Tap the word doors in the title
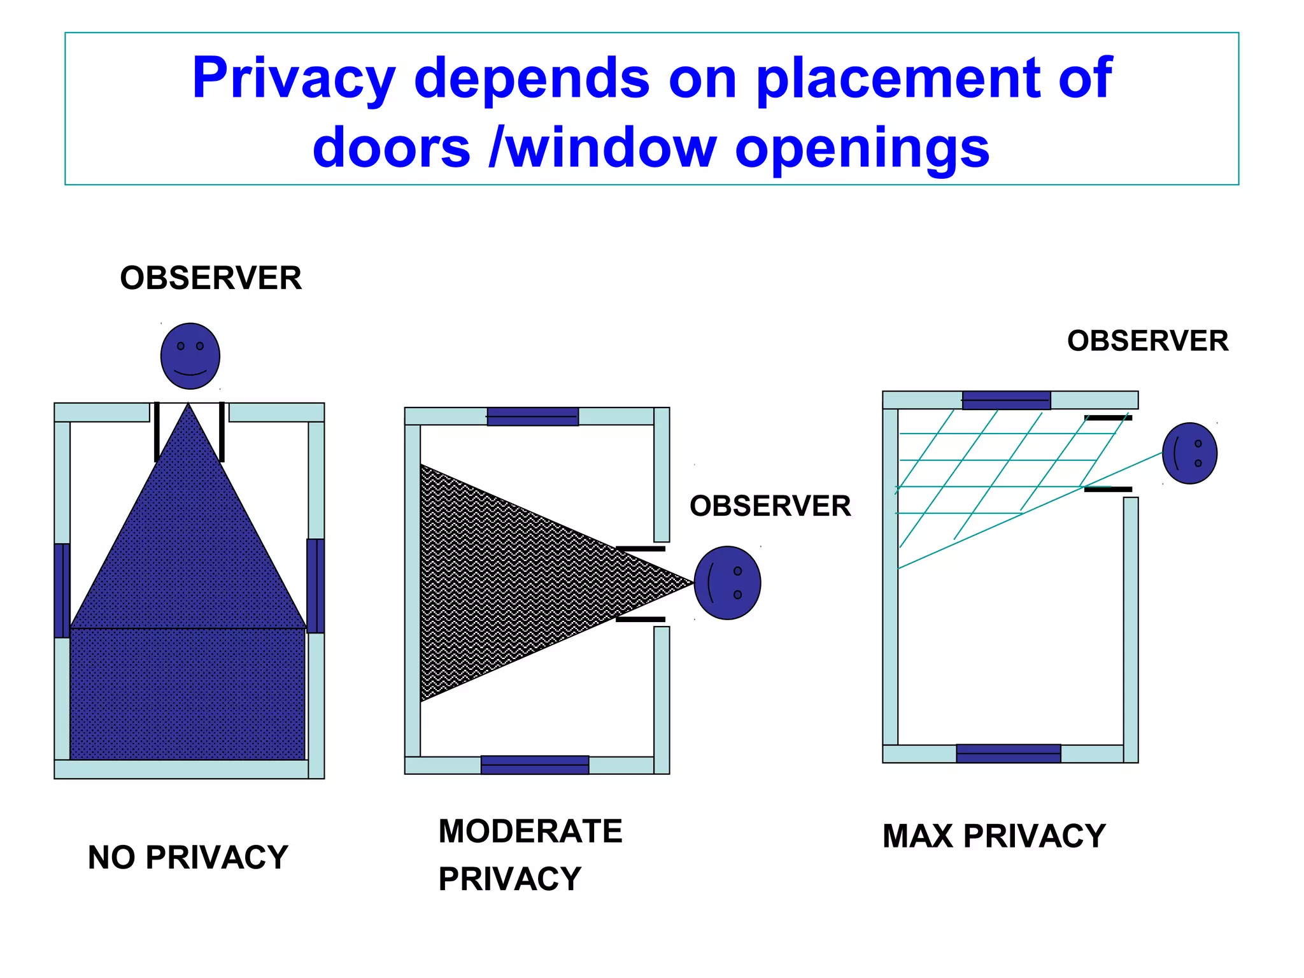click(391, 148)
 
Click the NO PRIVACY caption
click(188, 857)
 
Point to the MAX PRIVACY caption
click(994, 836)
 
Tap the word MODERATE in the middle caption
click(530, 832)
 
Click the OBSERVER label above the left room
click(211, 278)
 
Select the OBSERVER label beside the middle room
click(770, 506)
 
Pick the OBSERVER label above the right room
click(1147, 341)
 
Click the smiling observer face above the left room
click(190, 356)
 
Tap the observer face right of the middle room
click(726, 583)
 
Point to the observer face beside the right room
click(1189, 453)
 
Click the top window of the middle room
click(532, 416)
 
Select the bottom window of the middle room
click(534, 765)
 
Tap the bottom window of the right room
click(1008, 753)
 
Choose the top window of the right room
click(1006, 400)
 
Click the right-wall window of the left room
click(315, 586)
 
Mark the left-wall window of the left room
click(62, 590)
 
